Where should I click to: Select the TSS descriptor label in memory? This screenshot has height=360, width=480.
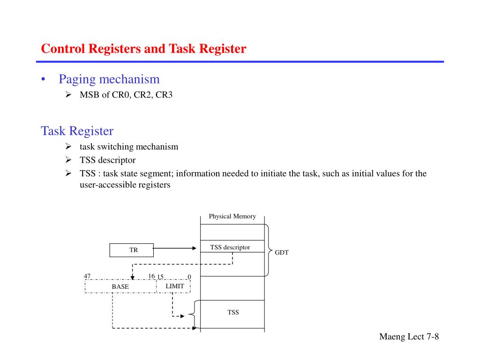click(x=230, y=247)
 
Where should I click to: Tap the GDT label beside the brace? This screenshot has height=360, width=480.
click(x=282, y=253)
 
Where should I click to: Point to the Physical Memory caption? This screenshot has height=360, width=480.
click(x=232, y=216)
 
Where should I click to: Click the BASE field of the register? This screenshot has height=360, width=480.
click(x=120, y=286)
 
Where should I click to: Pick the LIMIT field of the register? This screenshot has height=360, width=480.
click(x=174, y=286)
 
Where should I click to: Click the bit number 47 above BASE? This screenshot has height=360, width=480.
click(x=87, y=276)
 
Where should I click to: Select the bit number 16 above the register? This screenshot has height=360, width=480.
click(x=151, y=276)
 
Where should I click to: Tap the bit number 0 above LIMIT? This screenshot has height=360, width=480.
click(x=189, y=277)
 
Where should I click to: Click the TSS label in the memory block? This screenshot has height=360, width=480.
click(x=233, y=312)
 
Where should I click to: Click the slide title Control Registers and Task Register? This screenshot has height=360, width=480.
click(x=143, y=49)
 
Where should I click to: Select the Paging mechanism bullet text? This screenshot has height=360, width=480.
click(x=109, y=79)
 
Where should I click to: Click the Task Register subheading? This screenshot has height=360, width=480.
click(x=77, y=130)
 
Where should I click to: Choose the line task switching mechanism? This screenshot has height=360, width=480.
click(x=129, y=147)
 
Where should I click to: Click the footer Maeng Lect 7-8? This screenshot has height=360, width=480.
click(x=409, y=337)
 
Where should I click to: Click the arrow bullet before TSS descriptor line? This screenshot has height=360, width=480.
click(x=68, y=160)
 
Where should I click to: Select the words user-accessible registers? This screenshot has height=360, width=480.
click(x=125, y=185)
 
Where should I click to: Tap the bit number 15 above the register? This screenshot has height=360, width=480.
click(x=160, y=277)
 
